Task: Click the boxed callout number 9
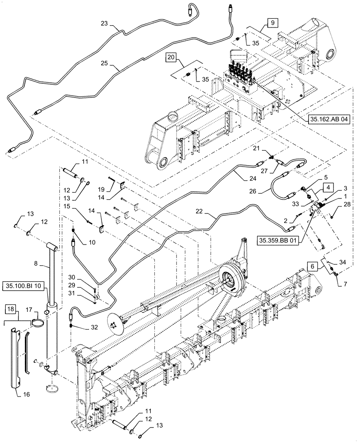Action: (273, 22)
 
